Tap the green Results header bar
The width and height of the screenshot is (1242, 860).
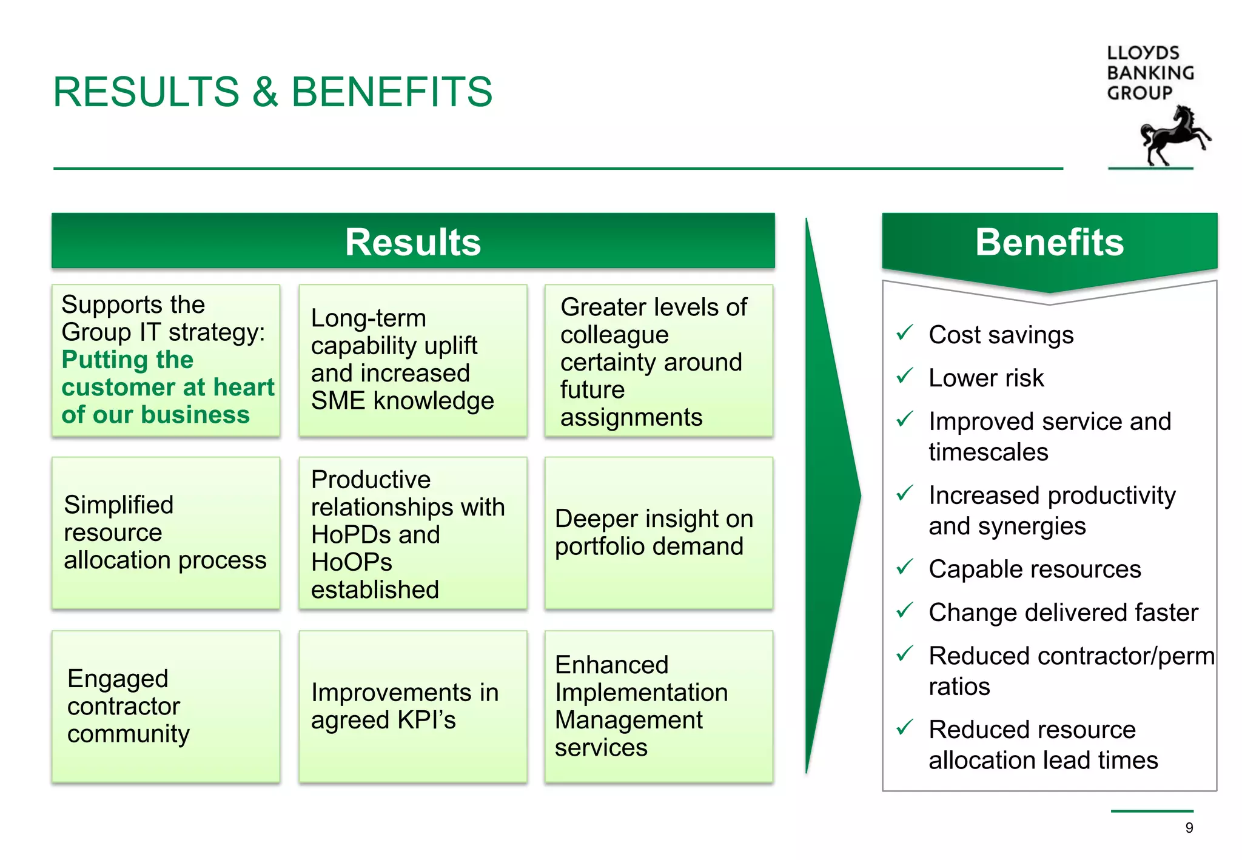(412, 241)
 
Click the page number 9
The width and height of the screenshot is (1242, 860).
(1189, 828)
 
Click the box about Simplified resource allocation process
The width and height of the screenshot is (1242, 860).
(166, 532)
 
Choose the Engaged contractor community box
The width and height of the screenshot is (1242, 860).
(166, 707)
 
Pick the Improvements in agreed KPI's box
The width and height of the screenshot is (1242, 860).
(412, 707)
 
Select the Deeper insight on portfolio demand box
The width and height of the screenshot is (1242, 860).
(659, 532)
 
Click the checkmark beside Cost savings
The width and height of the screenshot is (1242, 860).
(904, 332)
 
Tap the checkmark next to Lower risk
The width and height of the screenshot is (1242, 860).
(904, 376)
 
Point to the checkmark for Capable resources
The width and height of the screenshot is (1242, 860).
(904, 567)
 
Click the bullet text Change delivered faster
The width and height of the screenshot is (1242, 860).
(1063, 613)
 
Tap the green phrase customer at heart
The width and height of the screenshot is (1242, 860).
(168, 388)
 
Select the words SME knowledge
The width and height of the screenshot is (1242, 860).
(402, 401)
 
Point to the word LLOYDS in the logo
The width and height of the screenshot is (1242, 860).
(1143, 53)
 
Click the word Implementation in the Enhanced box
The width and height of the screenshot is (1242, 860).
(641, 693)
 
